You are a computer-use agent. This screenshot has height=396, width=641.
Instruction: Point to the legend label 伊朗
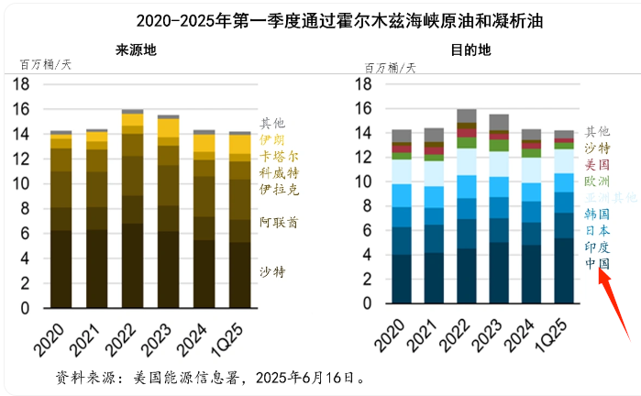271,139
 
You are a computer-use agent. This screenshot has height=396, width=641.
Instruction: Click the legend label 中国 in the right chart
597,263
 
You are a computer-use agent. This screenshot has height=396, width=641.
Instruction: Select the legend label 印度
597,247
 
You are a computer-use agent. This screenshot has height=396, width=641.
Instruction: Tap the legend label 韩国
597,214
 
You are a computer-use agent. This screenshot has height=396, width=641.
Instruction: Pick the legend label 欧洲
597,181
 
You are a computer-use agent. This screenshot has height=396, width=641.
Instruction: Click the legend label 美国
597,164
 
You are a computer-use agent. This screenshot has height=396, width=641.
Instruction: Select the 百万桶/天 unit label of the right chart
390,68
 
